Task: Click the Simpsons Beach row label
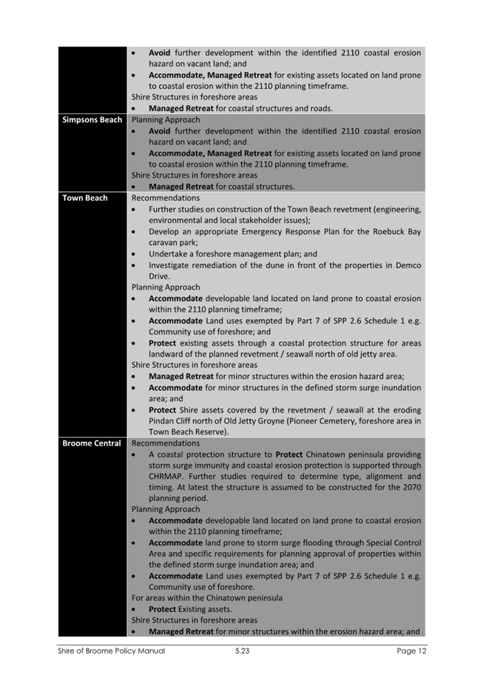(x=92, y=119)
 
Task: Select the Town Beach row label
(x=85, y=198)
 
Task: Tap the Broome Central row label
(x=92, y=443)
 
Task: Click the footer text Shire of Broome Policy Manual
(x=112, y=651)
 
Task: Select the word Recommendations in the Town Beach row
(x=165, y=198)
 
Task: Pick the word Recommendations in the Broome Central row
(x=165, y=443)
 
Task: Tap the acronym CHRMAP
(x=171, y=476)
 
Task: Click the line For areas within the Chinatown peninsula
(x=206, y=597)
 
